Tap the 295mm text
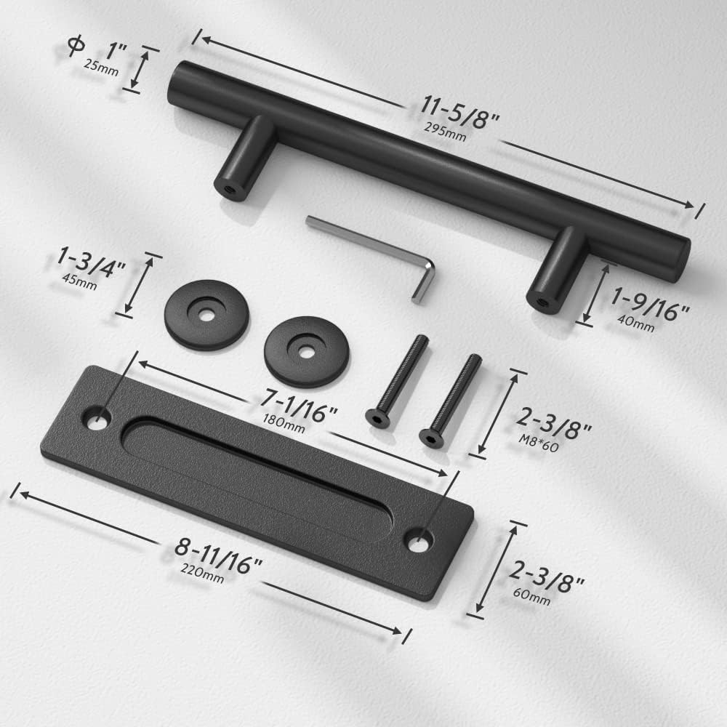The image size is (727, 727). click(x=445, y=131)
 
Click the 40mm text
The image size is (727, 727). click(x=635, y=324)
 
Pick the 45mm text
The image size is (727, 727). click(x=79, y=281)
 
